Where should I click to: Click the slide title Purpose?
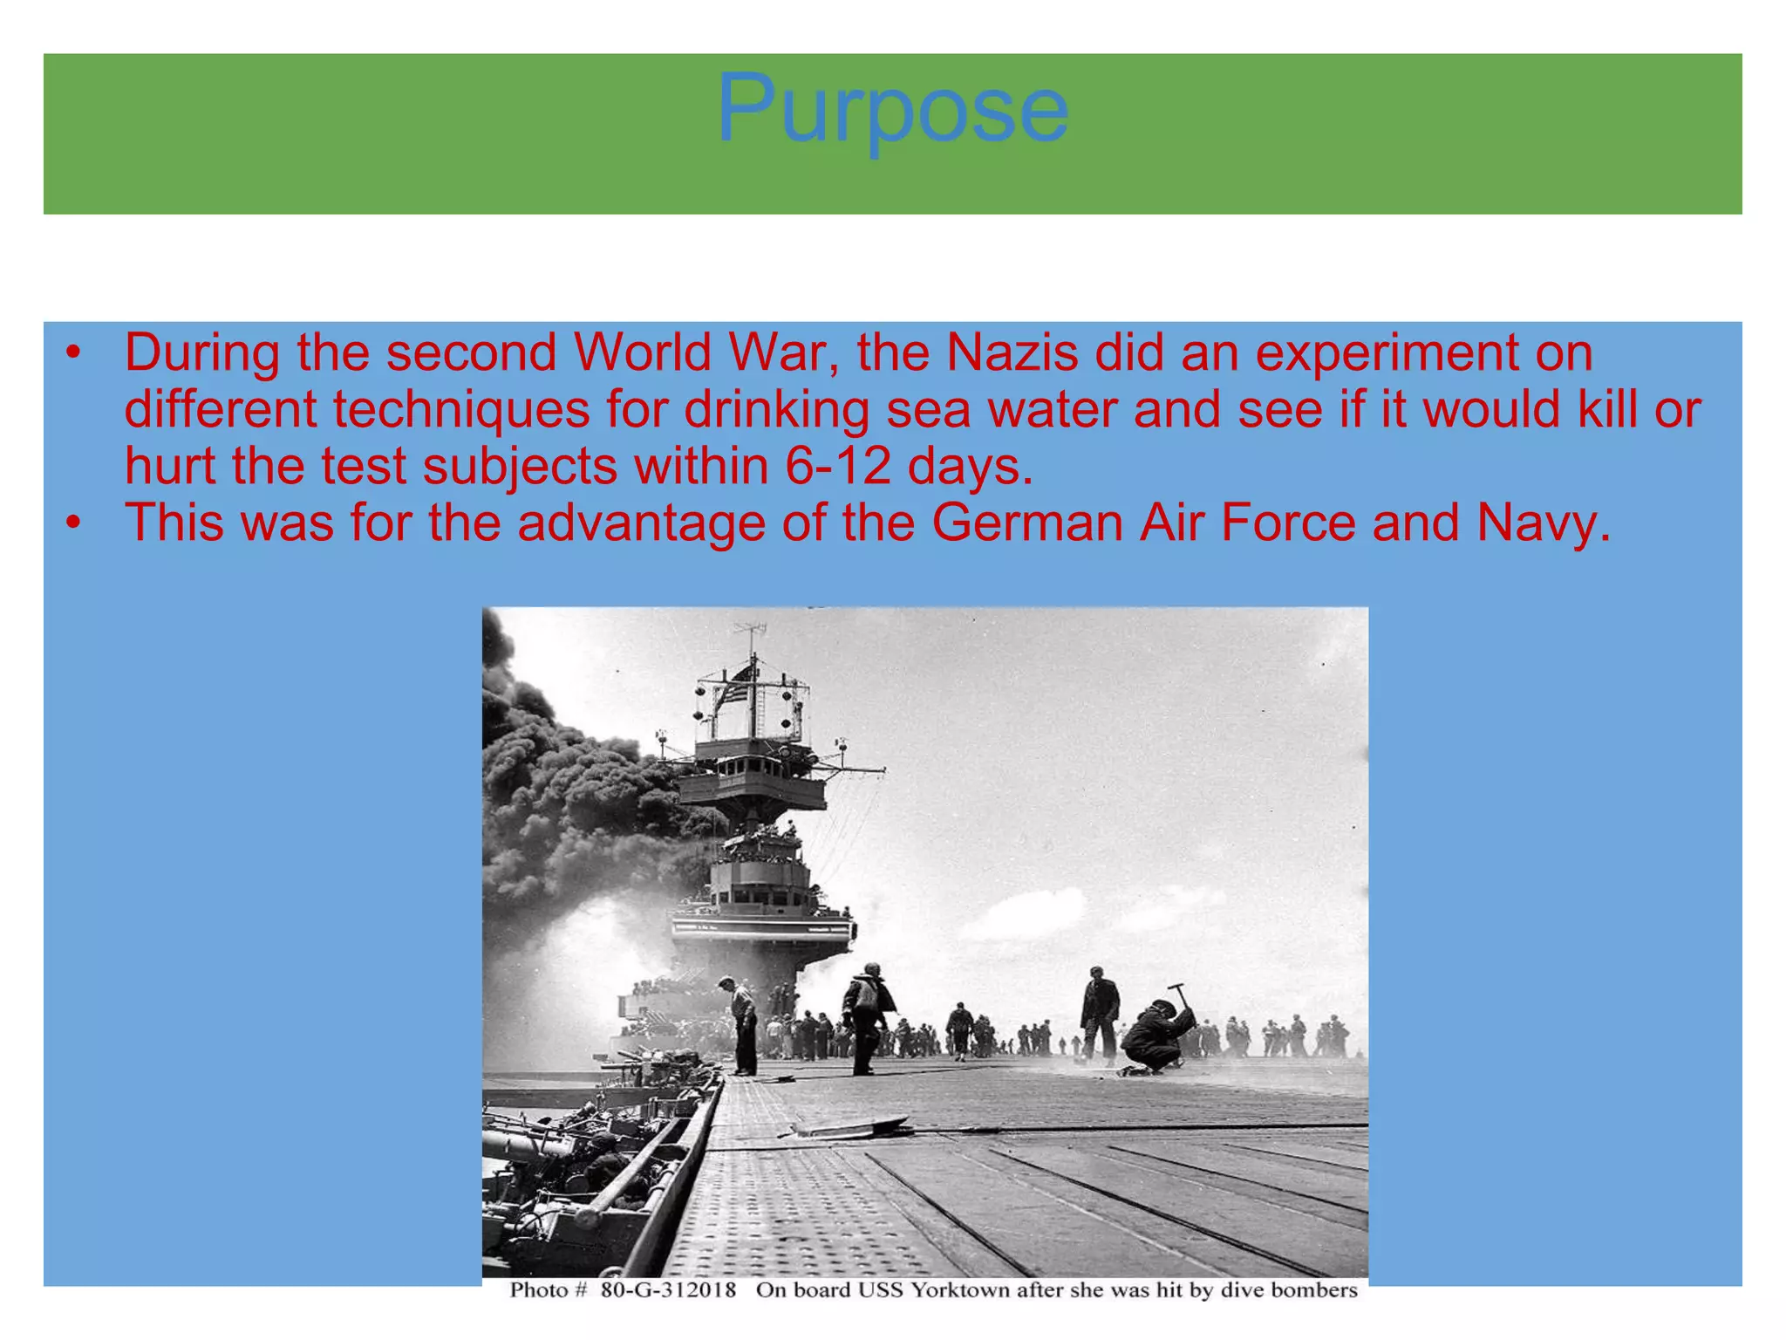click(x=892, y=109)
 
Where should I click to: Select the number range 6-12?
click(x=838, y=467)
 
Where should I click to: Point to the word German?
click(x=1026, y=523)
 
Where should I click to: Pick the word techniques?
click(x=461, y=410)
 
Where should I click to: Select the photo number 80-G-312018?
click(x=668, y=1290)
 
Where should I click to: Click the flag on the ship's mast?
click(x=738, y=685)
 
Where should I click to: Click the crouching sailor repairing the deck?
click(x=1155, y=1038)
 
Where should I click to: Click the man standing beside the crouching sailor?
click(x=1099, y=1012)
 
